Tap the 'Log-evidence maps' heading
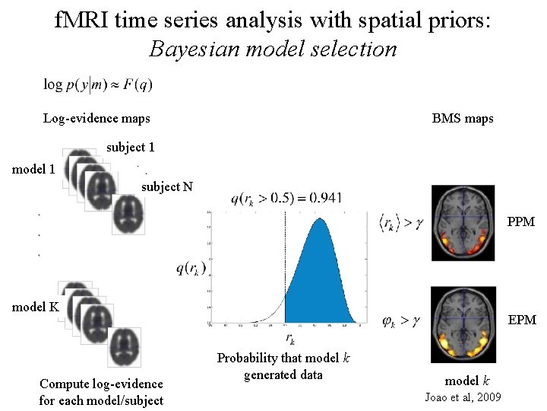click(x=96, y=118)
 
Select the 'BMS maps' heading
click(x=463, y=118)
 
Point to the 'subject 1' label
click(x=131, y=147)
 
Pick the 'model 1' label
click(x=33, y=169)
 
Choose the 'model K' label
click(x=34, y=307)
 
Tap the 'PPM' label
click(x=521, y=222)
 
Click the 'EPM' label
click(x=521, y=320)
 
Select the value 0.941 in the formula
click(x=325, y=199)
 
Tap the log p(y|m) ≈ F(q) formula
click(x=98, y=84)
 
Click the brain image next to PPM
click(x=463, y=221)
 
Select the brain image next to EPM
click(x=463, y=323)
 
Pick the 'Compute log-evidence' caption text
click(x=101, y=384)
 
